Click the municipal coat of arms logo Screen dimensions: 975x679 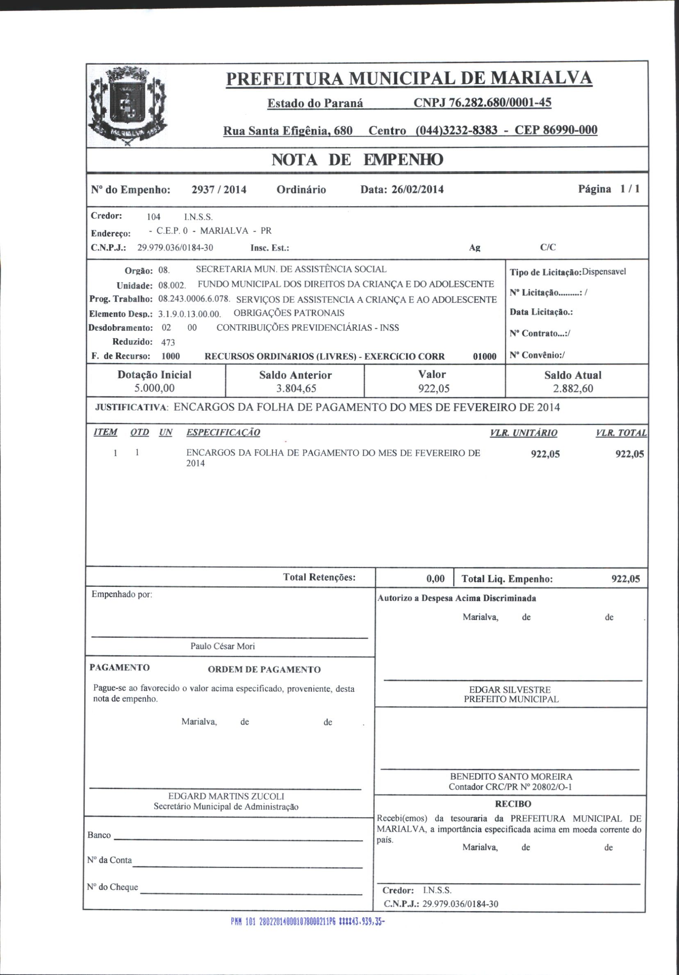127,105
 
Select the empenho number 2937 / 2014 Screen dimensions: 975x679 219,189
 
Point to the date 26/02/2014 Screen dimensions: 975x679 417,189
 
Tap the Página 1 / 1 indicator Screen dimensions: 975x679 608,189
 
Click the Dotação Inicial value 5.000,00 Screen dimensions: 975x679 154,388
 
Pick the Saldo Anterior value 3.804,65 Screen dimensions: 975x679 296,388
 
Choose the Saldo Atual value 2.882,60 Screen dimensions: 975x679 573,388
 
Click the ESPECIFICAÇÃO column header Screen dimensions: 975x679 223,432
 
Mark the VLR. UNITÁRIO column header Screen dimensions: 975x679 523,433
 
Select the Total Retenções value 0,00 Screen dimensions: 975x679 435,579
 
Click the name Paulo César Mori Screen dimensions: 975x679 223,646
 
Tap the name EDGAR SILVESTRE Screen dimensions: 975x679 510,690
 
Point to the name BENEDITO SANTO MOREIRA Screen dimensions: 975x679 511,776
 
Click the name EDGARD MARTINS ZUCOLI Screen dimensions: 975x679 226,796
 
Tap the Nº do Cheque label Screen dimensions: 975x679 113,886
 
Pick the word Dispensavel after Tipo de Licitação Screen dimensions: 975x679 604,272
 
